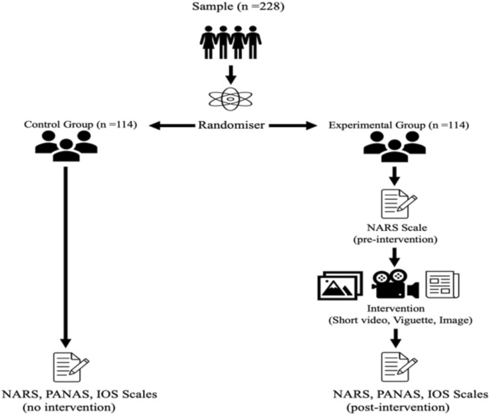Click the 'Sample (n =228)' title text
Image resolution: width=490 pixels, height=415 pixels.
coord(231,9)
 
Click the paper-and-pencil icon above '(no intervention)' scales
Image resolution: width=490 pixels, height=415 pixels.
coord(70,367)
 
